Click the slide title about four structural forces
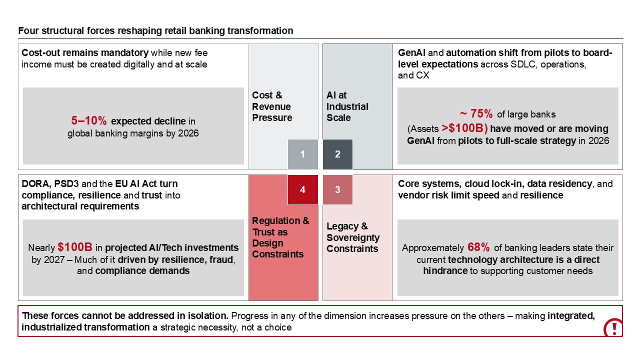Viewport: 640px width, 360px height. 155,31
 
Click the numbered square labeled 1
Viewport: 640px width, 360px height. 302,154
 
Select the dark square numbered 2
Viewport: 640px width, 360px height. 337,154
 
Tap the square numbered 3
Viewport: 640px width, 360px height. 337,189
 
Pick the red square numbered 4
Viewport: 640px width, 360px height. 302,189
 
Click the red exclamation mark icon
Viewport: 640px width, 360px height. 613,328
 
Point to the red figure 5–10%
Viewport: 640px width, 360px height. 88,121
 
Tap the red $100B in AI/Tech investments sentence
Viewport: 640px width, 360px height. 73,247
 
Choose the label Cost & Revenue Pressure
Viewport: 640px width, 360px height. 272,106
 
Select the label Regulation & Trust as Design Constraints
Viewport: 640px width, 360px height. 280,237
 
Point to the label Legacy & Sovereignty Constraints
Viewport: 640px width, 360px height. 353,237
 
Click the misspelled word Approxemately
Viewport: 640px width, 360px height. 433,248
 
